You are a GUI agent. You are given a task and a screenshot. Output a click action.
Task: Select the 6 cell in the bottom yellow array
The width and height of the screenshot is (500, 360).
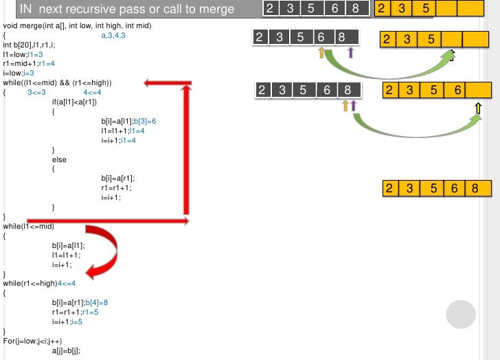click(x=455, y=189)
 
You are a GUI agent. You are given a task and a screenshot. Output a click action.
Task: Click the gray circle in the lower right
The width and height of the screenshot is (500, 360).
click(x=461, y=315)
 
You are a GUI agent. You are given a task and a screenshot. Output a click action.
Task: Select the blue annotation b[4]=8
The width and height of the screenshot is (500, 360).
click(x=96, y=302)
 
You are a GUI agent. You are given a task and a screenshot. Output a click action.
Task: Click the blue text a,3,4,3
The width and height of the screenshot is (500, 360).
click(x=113, y=35)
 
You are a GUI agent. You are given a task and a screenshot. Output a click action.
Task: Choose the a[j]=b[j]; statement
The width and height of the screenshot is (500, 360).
click(x=66, y=350)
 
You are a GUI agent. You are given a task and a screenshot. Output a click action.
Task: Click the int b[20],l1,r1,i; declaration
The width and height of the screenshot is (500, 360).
click(x=31, y=45)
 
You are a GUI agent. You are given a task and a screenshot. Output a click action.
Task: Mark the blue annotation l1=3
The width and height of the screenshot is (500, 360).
click(x=35, y=54)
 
